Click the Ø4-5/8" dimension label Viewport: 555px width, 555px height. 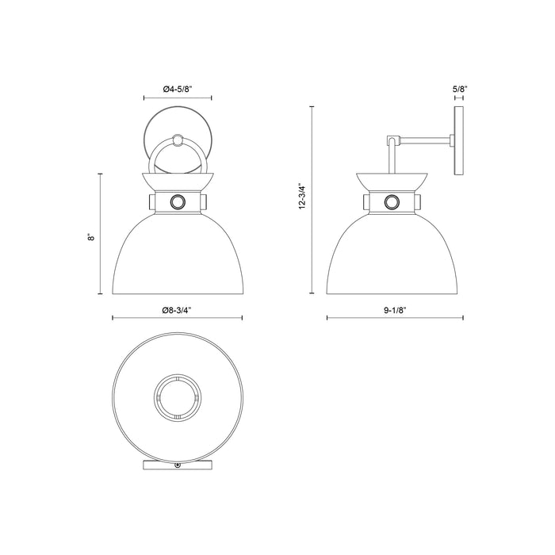(178, 89)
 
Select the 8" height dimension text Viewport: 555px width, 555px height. (92, 235)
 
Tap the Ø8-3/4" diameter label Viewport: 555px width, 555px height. (178, 310)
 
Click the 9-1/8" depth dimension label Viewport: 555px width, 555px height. (394, 310)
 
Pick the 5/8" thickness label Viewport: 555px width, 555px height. (458, 90)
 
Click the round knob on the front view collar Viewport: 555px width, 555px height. (178, 201)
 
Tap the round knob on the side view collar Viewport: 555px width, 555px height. (391, 201)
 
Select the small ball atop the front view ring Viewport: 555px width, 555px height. (178, 140)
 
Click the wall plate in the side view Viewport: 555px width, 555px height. (458, 143)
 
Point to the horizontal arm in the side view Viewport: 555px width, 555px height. (424, 142)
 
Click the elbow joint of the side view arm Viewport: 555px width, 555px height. (391, 142)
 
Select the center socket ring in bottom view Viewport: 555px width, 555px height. (178, 394)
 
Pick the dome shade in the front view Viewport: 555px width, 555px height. (178, 254)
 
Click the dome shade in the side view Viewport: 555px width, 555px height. (391, 254)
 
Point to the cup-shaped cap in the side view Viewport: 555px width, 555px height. (391, 182)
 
